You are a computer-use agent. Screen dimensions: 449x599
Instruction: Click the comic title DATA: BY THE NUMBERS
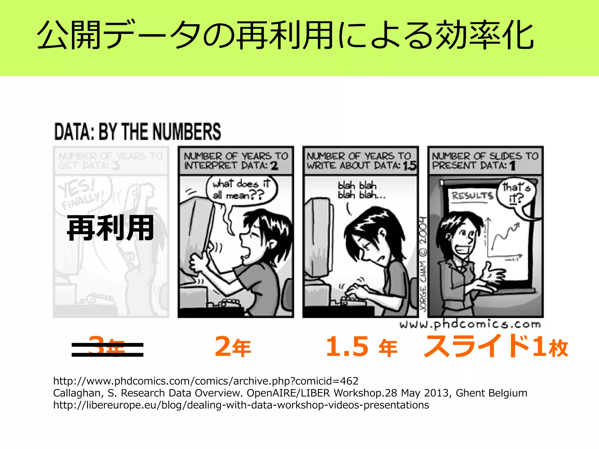137,132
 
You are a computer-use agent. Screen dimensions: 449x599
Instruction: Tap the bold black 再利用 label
111,228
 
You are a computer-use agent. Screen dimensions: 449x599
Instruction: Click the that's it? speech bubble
517,193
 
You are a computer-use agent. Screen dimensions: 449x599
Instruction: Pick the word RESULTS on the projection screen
472,195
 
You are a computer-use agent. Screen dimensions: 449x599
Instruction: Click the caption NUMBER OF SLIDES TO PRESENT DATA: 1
485,161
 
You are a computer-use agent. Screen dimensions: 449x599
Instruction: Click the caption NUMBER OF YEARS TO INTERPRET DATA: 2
236,161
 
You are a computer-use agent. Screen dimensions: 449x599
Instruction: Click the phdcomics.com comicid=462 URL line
206,381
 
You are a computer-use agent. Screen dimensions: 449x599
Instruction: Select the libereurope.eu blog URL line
241,405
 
